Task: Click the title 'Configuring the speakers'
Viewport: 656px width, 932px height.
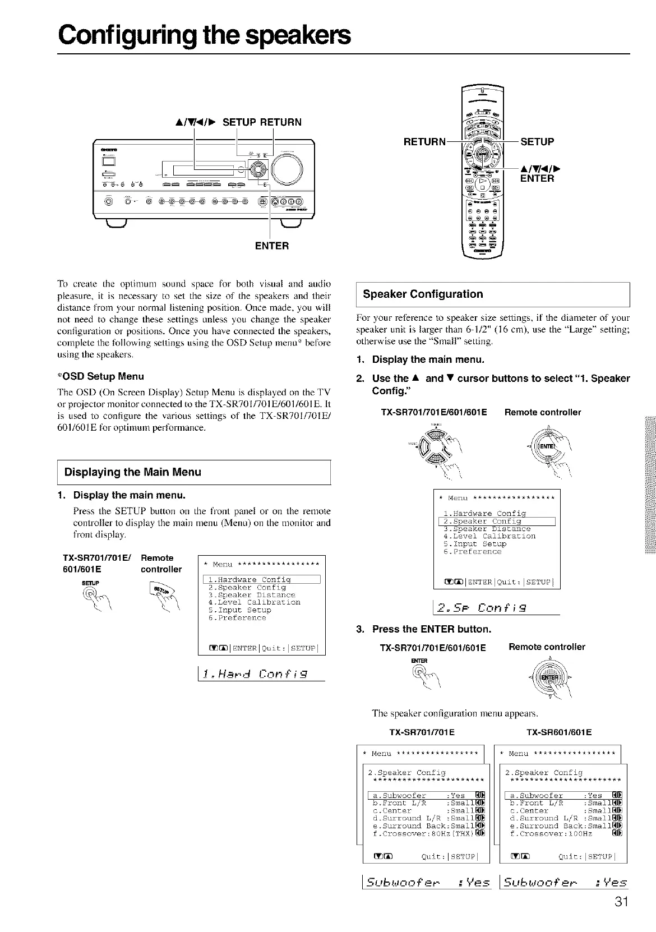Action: click(x=205, y=35)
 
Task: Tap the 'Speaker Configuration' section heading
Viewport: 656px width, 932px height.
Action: click(x=423, y=294)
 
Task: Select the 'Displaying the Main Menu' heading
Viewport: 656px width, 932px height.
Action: click(x=133, y=472)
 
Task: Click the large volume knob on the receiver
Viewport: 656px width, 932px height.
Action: click(x=287, y=167)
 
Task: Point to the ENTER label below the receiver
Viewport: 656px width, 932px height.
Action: click(x=272, y=246)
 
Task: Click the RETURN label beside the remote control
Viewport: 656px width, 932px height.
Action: click(x=424, y=142)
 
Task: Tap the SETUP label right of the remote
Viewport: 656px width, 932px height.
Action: click(x=537, y=142)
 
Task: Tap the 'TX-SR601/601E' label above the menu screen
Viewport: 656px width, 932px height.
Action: click(x=559, y=732)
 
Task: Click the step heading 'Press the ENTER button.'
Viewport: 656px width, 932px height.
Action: click(x=431, y=629)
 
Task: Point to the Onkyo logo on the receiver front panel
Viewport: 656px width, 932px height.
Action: click(x=106, y=150)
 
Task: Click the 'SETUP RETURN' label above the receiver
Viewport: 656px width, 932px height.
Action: click(x=262, y=122)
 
